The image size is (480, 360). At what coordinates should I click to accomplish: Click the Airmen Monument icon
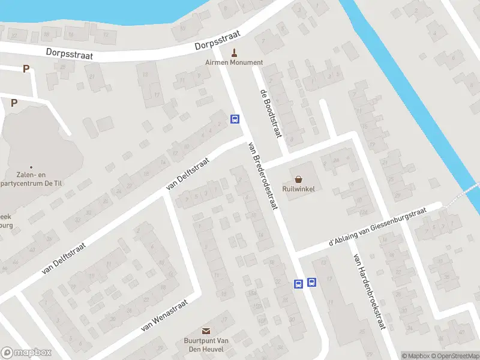(234, 52)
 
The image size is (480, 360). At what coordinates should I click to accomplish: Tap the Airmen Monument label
(234, 62)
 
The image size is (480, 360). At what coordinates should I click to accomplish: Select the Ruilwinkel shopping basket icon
(299, 178)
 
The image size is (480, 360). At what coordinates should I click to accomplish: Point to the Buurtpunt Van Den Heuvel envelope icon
(206, 331)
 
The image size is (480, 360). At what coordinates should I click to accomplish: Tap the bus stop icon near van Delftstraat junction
(235, 119)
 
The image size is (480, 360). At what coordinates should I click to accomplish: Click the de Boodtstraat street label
(271, 113)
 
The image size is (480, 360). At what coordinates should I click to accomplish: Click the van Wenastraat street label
(164, 316)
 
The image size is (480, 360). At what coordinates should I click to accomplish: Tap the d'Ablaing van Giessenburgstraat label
(377, 227)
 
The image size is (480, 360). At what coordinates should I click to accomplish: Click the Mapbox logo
(26, 353)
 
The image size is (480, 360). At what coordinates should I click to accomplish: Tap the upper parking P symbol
(26, 69)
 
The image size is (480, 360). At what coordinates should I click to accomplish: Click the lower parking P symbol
(14, 103)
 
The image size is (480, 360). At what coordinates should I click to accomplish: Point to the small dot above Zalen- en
(31, 167)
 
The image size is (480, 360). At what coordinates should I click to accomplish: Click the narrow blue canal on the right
(414, 90)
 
